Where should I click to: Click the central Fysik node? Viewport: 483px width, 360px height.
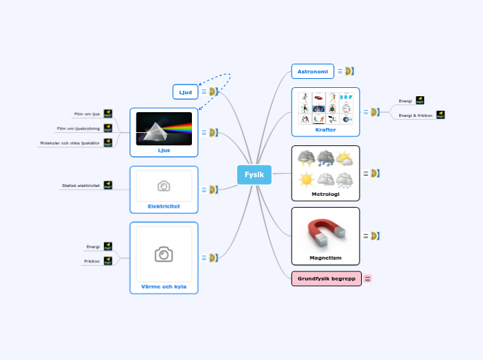(254, 175)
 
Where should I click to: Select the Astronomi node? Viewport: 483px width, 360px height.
(313, 71)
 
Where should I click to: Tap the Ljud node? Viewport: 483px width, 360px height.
(185, 92)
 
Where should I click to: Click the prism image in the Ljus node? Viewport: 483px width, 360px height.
(164, 129)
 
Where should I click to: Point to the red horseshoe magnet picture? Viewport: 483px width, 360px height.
(326, 232)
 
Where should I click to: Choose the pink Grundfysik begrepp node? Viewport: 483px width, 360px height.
(326, 278)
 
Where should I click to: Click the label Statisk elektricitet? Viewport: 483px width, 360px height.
(81, 186)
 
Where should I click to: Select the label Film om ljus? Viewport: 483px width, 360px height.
(87, 114)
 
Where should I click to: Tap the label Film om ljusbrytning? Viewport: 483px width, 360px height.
(78, 128)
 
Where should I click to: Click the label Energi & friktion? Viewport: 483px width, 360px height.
(416, 116)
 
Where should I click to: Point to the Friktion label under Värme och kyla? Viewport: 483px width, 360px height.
(92, 261)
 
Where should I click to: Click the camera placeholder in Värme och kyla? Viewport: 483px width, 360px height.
(164, 254)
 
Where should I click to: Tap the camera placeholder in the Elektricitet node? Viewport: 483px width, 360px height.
(164, 186)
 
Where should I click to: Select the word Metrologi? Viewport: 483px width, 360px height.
(325, 194)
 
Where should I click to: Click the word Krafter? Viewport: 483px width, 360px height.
(325, 129)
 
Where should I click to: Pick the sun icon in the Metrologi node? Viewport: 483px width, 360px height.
(306, 180)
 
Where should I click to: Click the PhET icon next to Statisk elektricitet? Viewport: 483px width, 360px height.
(108, 186)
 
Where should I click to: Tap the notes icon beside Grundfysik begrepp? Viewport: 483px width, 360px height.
(368, 278)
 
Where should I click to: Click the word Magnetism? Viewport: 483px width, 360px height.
(325, 258)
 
